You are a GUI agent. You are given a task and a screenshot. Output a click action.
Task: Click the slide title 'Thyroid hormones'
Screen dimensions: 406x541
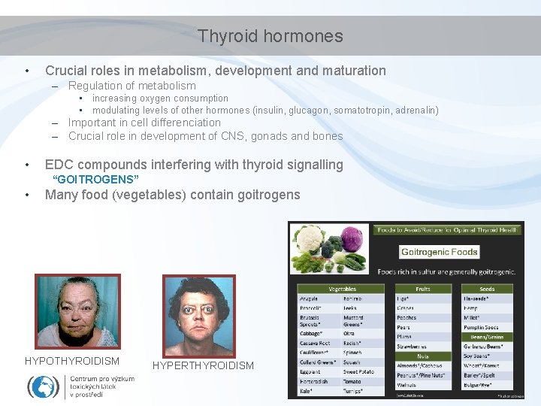coord(270,36)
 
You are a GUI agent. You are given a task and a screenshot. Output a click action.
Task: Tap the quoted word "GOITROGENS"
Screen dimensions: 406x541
coord(95,180)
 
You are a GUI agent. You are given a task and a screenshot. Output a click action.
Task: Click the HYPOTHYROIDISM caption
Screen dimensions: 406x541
coord(72,361)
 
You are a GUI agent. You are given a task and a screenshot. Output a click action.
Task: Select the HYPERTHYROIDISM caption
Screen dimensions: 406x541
coord(203,365)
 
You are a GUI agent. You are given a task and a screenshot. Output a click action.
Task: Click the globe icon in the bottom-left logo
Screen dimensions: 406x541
coord(43,386)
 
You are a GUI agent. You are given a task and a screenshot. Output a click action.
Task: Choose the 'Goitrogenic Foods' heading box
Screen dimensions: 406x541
coord(440,251)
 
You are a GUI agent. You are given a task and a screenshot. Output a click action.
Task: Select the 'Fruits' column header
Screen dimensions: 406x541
coord(424,289)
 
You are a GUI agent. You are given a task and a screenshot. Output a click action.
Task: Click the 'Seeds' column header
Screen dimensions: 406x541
coord(487,289)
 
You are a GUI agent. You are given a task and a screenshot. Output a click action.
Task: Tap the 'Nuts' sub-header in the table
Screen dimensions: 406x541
coord(424,356)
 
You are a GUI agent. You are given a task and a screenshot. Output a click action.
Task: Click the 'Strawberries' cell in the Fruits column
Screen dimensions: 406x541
coord(412,347)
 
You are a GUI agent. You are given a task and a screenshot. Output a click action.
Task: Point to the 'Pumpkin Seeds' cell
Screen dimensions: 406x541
coord(482,327)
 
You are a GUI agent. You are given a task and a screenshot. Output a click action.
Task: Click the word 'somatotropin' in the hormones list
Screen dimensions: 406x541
coord(364,111)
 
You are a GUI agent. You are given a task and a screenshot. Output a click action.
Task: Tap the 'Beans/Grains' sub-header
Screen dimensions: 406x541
coord(487,337)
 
